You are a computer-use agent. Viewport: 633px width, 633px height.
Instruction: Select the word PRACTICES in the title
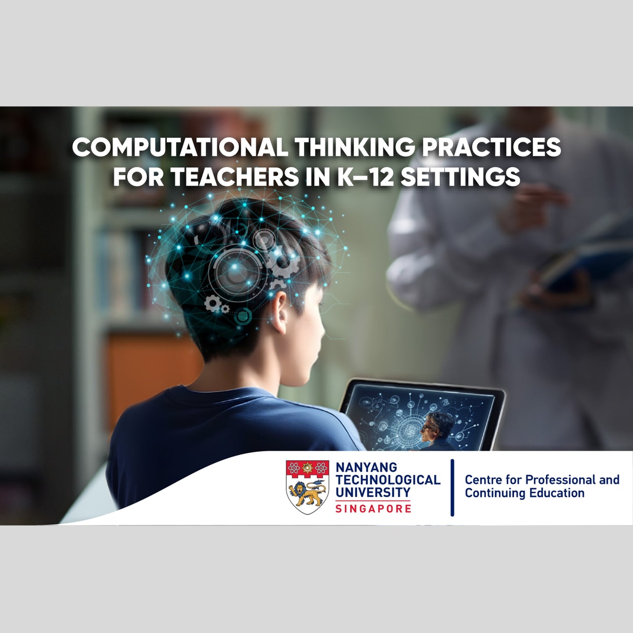[x=491, y=147]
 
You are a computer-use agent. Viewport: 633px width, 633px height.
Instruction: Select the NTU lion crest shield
[x=308, y=487]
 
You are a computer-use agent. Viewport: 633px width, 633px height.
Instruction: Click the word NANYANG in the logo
[x=366, y=468]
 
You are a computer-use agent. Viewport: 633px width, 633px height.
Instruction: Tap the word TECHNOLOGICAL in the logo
[x=388, y=480]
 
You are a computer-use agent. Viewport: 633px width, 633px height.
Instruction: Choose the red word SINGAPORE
[x=373, y=509]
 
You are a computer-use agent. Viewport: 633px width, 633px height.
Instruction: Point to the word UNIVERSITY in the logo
[x=373, y=492]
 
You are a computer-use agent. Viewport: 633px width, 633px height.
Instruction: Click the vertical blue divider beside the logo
[x=452, y=488]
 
